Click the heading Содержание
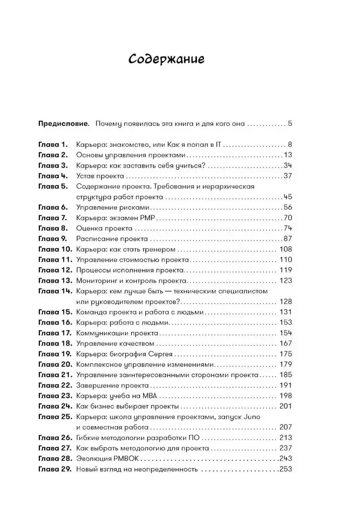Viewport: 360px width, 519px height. tap(166, 59)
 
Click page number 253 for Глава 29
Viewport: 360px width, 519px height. tap(286, 469)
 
